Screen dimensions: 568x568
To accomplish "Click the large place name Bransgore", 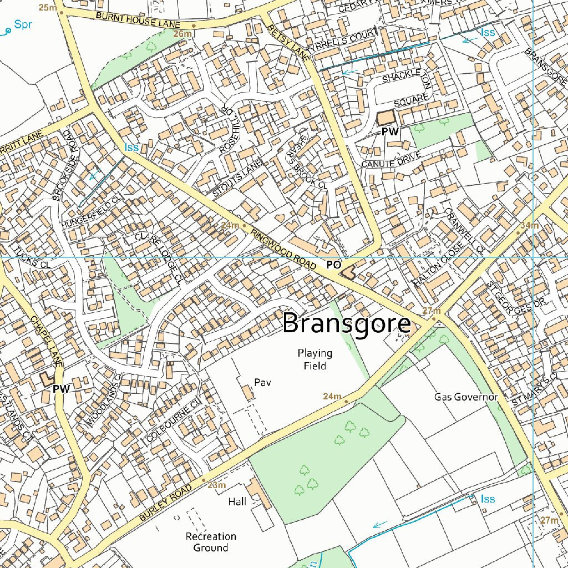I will coord(347,323).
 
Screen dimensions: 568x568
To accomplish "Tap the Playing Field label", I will coord(315,359).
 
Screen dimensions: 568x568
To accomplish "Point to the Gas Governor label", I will coord(466,397).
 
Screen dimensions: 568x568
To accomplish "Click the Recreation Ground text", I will coord(211,542).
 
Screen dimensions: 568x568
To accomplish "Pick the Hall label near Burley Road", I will coord(237,501).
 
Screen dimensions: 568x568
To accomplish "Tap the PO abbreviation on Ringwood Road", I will coord(333,265).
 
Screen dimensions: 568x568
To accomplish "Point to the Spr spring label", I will coord(23,24).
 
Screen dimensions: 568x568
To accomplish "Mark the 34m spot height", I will coord(530,225).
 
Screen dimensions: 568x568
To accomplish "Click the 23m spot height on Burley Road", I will coord(217,485).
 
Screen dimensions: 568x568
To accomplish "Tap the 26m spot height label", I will coord(182,34).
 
